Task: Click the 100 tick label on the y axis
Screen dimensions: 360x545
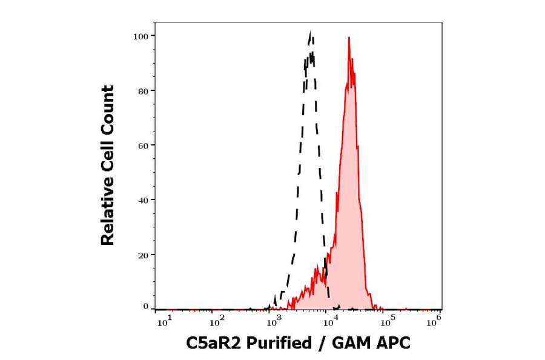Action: (140, 36)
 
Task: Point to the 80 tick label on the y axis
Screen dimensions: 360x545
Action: (142, 91)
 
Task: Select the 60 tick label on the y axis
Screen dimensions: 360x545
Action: (142, 145)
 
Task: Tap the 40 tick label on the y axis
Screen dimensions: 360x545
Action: (142, 200)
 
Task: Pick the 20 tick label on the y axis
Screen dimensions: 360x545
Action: (142, 255)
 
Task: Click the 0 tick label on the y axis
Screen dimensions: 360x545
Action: (145, 307)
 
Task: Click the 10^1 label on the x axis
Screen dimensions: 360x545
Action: (165, 322)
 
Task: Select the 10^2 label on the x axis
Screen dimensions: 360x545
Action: (217, 322)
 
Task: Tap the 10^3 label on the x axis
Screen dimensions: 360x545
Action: (274, 322)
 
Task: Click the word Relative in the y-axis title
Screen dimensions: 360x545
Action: (108, 216)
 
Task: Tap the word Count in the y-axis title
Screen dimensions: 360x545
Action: (108, 104)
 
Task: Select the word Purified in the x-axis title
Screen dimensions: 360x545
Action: (275, 344)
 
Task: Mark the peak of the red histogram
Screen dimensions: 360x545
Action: (349, 38)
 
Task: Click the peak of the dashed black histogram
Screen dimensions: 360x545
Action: (311, 32)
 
